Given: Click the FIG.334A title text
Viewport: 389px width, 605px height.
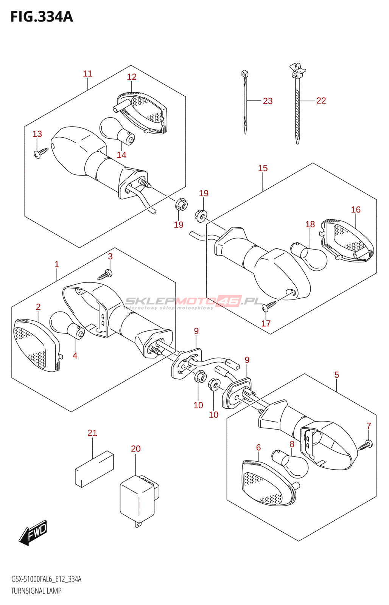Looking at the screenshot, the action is pyautogui.click(x=42, y=17).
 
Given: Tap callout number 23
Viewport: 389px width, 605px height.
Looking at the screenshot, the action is pyautogui.click(x=268, y=101).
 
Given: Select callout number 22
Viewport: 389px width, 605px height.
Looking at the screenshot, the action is pyautogui.click(x=321, y=101).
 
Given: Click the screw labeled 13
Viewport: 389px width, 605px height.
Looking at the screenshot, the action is pyautogui.click(x=41, y=153).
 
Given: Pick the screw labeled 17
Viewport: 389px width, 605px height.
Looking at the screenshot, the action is pyautogui.click(x=269, y=306).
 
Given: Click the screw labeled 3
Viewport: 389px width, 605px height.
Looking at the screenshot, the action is pyautogui.click(x=105, y=275).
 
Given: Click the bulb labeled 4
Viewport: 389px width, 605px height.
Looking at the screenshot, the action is pyautogui.click(x=67, y=325).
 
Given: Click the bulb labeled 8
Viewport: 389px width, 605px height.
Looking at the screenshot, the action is pyautogui.click(x=290, y=464).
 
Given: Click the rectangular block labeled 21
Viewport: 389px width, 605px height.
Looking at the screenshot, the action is pyautogui.click(x=94, y=469).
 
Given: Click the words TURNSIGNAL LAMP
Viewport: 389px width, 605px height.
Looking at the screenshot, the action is pyautogui.click(x=36, y=591).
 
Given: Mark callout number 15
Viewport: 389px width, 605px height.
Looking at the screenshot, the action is pyautogui.click(x=263, y=168).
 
